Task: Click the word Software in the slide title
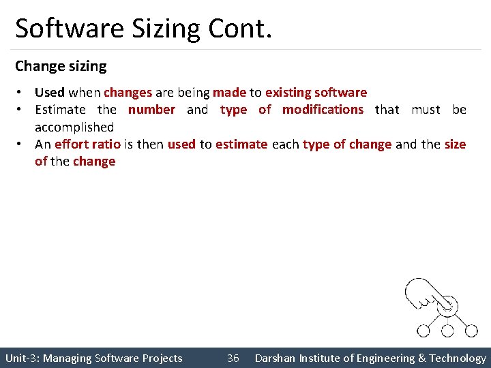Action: [x=63, y=29]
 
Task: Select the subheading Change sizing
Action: [x=61, y=66]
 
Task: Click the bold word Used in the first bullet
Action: [x=49, y=92]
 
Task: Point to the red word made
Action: [x=229, y=92]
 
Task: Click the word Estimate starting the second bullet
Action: [x=60, y=109]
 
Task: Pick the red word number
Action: [x=151, y=109]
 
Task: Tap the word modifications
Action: [x=323, y=109]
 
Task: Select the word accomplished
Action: [x=74, y=127]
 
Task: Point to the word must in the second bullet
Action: [x=426, y=109]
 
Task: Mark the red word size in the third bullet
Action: [x=455, y=144]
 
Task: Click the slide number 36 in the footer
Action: [x=233, y=358]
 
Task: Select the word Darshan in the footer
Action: [x=275, y=358]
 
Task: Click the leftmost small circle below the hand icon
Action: [x=423, y=331]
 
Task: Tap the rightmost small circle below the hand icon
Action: [x=471, y=331]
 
